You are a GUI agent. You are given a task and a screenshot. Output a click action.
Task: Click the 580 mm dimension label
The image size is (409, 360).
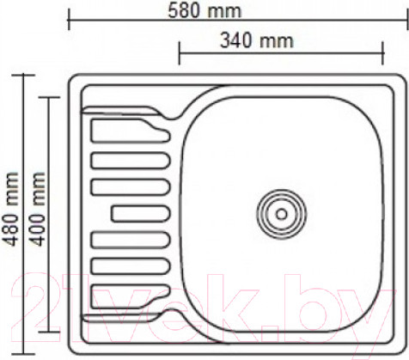click(205, 11)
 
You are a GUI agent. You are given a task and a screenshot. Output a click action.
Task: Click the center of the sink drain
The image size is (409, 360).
click(279, 210)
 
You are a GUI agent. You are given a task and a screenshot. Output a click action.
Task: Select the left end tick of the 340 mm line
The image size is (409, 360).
click(179, 52)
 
